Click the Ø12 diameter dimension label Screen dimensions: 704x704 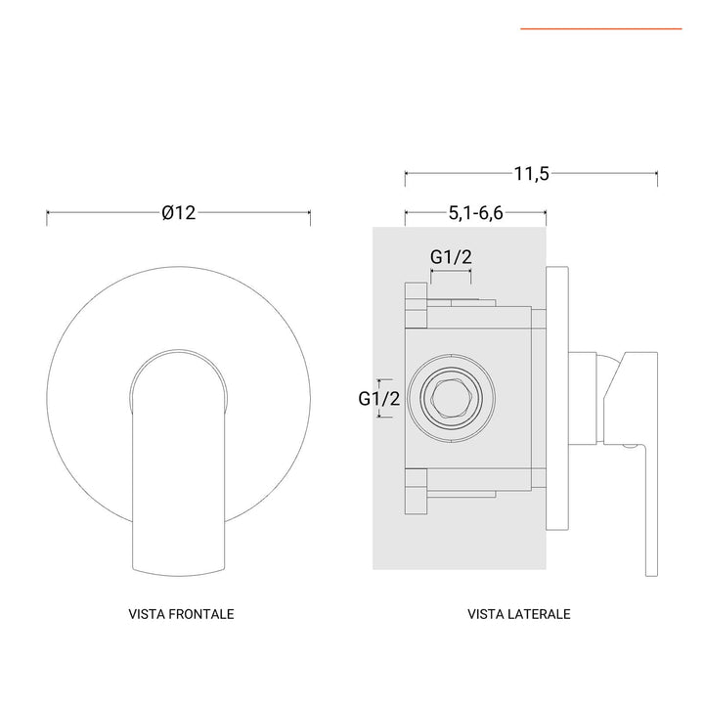pyautogui.click(x=179, y=212)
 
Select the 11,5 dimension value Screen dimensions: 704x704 pyautogui.click(x=531, y=174)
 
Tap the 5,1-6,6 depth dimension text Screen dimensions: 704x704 pyautogui.click(x=475, y=212)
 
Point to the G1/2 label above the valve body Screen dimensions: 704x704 pyautogui.click(x=452, y=256)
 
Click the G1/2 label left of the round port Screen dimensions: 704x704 pyautogui.click(x=378, y=398)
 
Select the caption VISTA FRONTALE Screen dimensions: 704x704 pyautogui.click(x=181, y=614)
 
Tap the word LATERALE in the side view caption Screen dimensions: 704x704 pyautogui.click(x=540, y=614)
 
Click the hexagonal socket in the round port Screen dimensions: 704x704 pyautogui.click(x=450, y=398)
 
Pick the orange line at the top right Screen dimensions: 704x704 pyautogui.click(x=600, y=29)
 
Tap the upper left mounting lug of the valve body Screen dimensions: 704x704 pyautogui.click(x=415, y=304)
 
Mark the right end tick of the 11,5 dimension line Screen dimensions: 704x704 pyautogui.click(x=657, y=178)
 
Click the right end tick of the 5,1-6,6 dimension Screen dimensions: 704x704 pyautogui.click(x=546, y=215)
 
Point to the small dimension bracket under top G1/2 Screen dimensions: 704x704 pyautogui.click(x=452, y=277)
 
